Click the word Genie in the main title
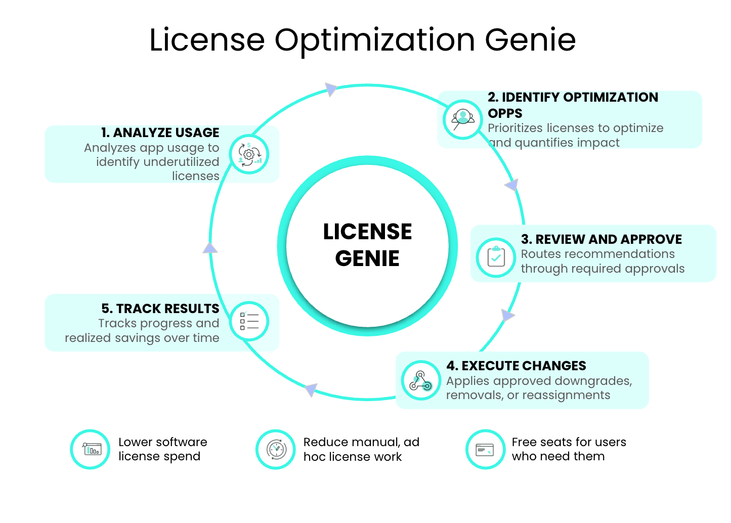(530, 40)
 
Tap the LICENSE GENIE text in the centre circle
(367, 245)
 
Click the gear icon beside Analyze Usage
(249, 154)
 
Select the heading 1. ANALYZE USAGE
(160, 133)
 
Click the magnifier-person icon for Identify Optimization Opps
(462, 119)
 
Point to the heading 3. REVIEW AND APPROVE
(601, 239)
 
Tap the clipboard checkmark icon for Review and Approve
(496, 257)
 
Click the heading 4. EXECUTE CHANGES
(516, 366)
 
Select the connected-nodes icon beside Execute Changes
(421, 380)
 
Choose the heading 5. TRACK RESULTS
(160, 309)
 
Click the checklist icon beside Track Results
(249, 321)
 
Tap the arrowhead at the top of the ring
(331, 90)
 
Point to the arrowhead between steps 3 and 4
(507, 316)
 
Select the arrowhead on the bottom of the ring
(311, 389)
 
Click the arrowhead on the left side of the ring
(210, 247)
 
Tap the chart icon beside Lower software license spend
(91, 449)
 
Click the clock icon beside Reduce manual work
(276, 449)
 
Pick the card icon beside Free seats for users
(485, 449)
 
